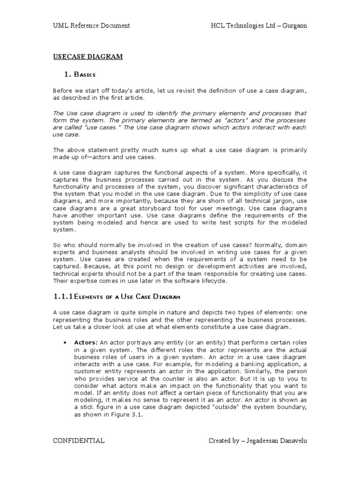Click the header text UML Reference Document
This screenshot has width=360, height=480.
91,25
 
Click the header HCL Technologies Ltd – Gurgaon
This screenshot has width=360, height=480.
259,25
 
